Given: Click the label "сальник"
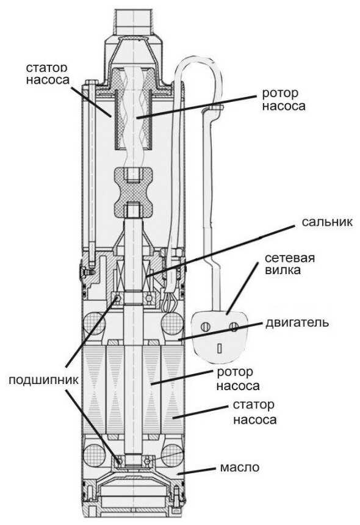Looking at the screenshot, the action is (x=327, y=222).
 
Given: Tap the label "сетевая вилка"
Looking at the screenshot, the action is (x=290, y=264).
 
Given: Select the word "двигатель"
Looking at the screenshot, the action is (x=297, y=322).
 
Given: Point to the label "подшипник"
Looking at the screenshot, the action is (x=43, y=380).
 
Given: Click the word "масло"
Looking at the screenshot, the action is (x=240, y=468).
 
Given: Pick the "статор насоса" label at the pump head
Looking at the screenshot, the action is (x=47, y=74).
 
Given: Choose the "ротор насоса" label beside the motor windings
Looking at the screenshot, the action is (x=238, y=378).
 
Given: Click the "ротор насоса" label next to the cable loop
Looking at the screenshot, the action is (x=284, y=100).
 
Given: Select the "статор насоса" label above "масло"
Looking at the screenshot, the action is (x=255, y=412).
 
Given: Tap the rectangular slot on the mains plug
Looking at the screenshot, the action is (x=220, y=349).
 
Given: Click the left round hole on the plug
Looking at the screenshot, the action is (x=204, y=327).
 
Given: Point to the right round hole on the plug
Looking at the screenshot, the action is (x=234, y=326).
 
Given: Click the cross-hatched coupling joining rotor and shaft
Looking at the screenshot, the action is (x=134, y=192).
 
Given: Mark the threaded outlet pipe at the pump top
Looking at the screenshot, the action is (x=134, y=21).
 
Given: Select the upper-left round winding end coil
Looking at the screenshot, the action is (x=94, y=324).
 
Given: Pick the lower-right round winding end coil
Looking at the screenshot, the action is (x=173, y=455).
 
